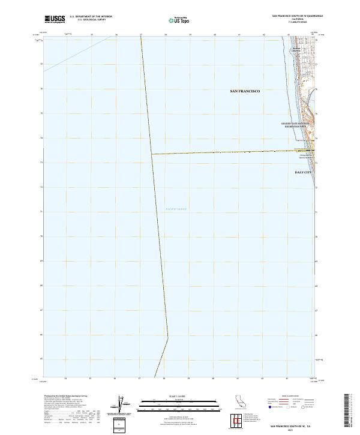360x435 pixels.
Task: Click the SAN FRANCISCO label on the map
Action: click(245, 91)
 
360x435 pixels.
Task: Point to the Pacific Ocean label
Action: click(176, 209)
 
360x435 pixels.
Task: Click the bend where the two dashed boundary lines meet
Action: click(151, 154)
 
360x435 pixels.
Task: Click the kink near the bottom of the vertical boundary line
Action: click(167, 336)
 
